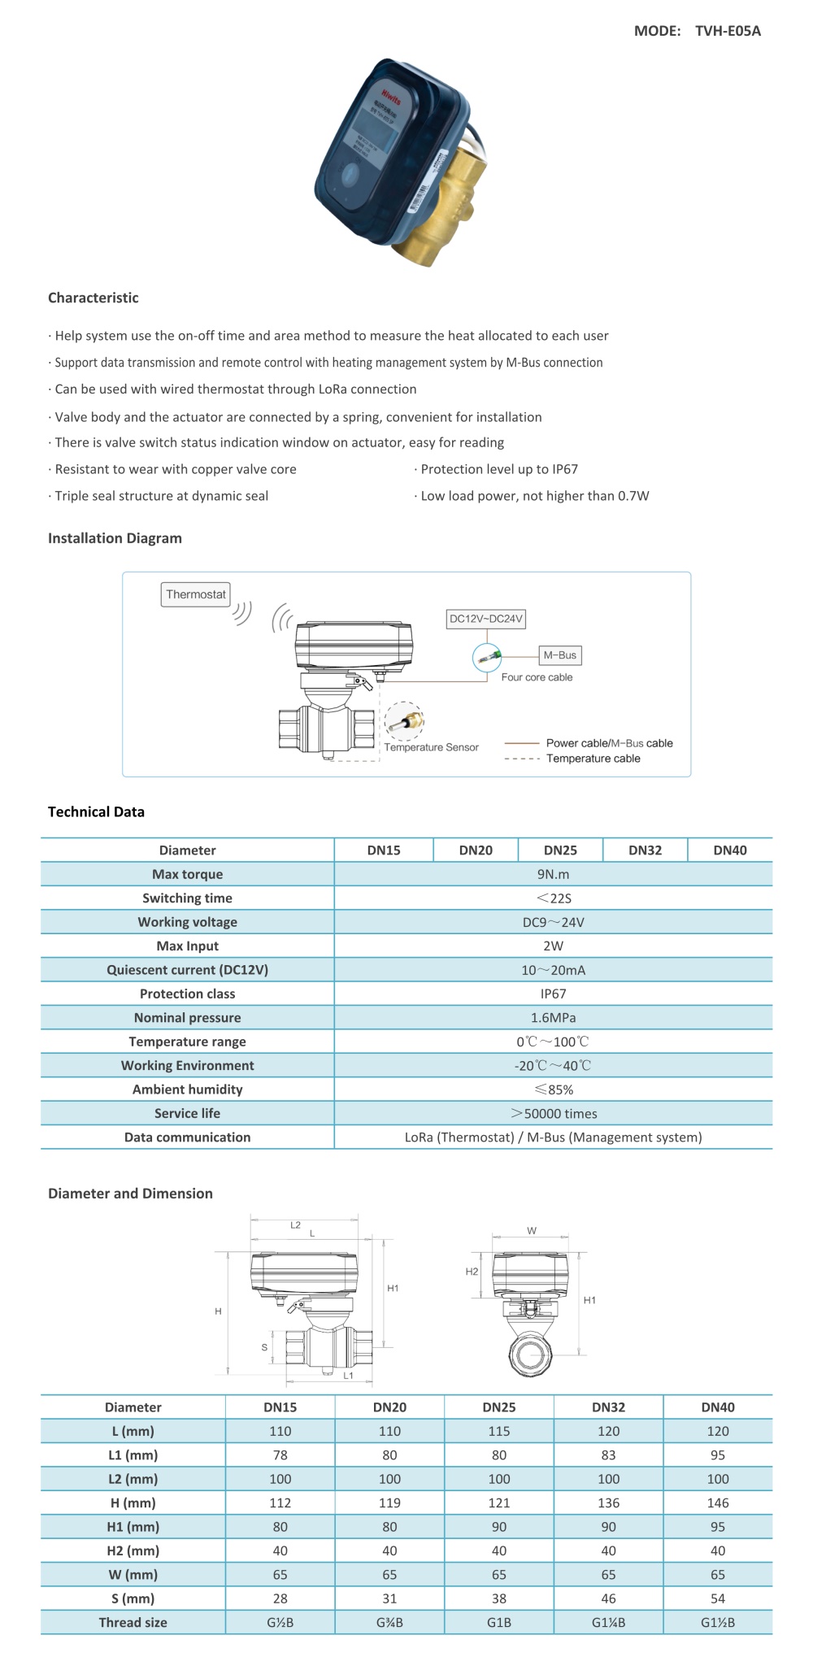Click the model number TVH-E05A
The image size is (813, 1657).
(728, 31)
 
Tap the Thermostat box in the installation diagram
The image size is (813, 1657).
(196, 594)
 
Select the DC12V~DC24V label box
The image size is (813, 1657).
(486, 619)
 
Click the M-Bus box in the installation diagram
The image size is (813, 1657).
(559, 655)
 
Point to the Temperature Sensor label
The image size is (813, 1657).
(431, 747)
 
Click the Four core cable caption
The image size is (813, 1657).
(537, 677)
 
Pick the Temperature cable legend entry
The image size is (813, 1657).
(593, 759)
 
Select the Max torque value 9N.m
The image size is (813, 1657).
(553, 874)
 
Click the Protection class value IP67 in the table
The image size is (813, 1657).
(553, 994)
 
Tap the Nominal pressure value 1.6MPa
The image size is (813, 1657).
(553, 1018)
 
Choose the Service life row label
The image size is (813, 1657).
(187, 1113)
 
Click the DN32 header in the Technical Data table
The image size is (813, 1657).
(645, 850)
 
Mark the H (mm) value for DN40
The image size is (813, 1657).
(718, 1503)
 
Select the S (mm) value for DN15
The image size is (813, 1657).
(280, 1598)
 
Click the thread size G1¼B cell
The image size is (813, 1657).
(608, 1622)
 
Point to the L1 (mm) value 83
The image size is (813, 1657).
(608, 1455)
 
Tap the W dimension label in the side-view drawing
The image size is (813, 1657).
(532, 1231)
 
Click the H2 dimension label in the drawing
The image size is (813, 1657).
(472, 1272)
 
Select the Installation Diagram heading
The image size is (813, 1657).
(115, 538)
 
